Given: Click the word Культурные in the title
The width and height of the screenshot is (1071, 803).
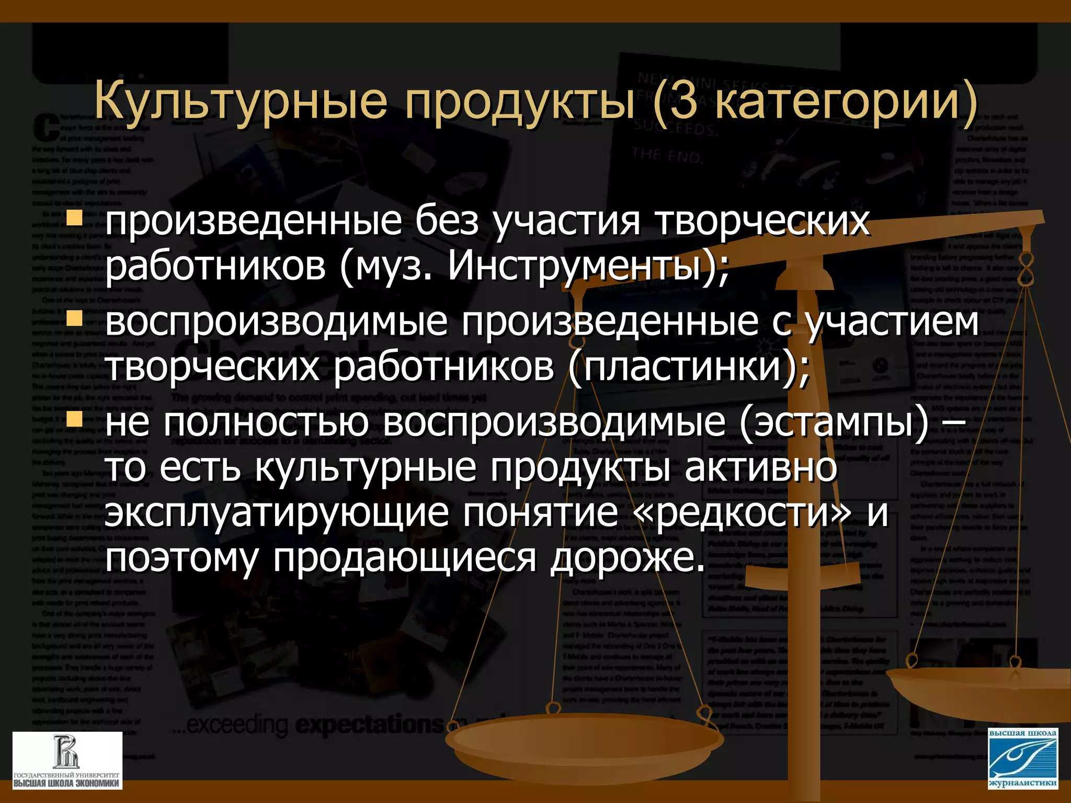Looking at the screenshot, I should point(241,101).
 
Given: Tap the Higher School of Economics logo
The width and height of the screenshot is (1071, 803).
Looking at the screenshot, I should point(67,760).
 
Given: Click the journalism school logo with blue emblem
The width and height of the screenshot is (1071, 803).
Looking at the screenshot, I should point(1023,758).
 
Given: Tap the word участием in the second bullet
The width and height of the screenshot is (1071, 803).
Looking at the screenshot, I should point(892,321).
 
